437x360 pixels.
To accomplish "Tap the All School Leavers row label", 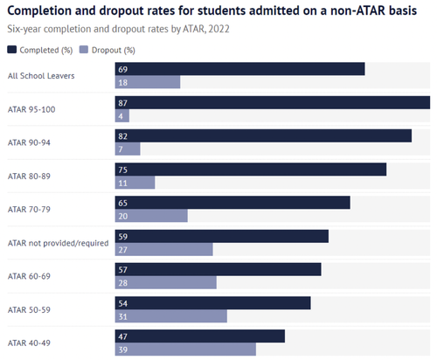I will coord(40,75).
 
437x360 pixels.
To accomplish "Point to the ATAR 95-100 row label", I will coord(32,108).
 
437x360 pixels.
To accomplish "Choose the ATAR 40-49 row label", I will coord(31,343).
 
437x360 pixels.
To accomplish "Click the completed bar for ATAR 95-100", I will coord(272,102).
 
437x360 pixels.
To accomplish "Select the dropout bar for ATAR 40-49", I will coord(185,350).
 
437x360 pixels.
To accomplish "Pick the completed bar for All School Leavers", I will coord(239,69).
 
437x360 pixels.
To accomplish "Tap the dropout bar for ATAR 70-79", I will coord(151,216).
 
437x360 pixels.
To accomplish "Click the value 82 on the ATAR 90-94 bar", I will coord(122,135).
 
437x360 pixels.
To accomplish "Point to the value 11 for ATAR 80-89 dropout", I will coord(122,183).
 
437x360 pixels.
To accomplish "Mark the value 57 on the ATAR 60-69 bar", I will coord(122,269).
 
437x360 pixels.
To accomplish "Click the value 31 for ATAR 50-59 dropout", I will coord(122,316).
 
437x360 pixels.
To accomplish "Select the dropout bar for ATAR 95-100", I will coord(122,115).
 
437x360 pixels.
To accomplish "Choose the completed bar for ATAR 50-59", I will coord(212,302).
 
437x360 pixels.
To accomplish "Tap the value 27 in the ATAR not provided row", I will coord(122,249).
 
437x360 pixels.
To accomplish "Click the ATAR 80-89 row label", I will coord(31,176).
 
